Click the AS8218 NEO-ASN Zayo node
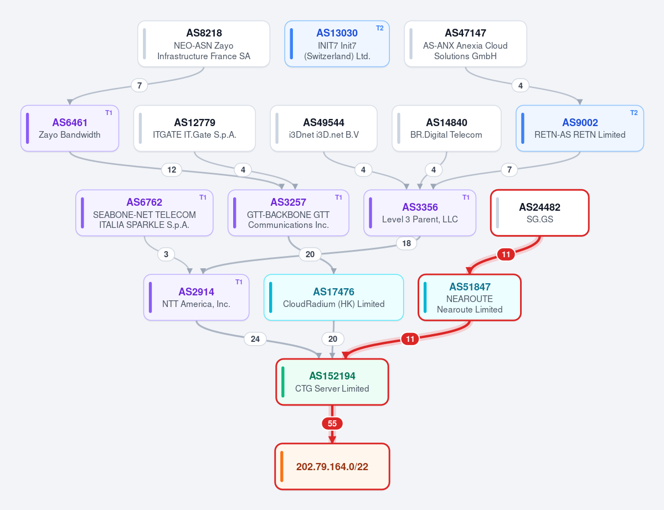point(204,44)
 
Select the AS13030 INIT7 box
point(337,44)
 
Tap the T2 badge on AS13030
point(380,28)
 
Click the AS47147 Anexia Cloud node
point(465,44)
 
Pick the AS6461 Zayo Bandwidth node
point(70,128)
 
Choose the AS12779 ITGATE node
point(194,128)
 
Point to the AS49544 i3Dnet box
point(323,128)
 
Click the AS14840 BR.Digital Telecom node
point(446,128)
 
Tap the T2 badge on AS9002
point(634,113)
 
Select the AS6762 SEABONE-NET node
point(145,213)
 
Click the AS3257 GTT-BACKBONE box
point(289,213)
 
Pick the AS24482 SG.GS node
point(540,213)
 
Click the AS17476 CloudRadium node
point(334,297)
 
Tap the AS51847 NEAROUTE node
point(470,297)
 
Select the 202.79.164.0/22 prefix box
point(332,466)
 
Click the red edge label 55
point(332,423)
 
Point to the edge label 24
point(255,339)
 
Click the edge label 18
point(406,243)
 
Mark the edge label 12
point(172,170)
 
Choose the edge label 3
point(166,254)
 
